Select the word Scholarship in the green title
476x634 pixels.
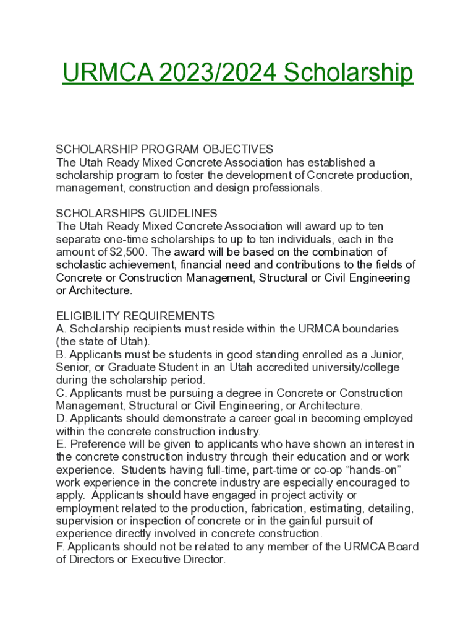349,73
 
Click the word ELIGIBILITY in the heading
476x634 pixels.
91,316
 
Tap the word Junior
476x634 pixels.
386,355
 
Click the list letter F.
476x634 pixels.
59,547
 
